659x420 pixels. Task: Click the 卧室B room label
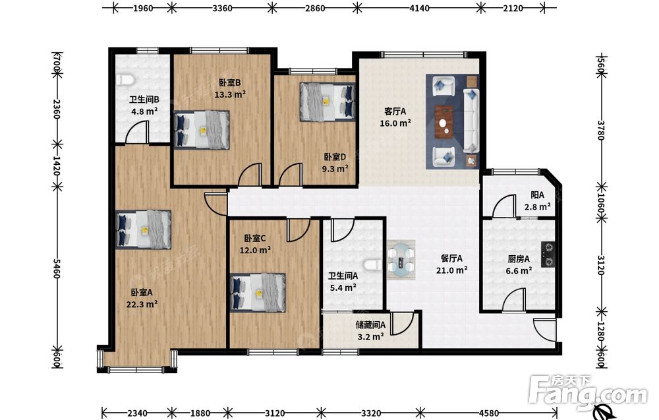pyautogui.click(x=229, y=83)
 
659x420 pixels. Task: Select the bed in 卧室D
pyautogui.click(x=327, y=102)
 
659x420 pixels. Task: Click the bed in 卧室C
pyautogui.click(x=258, y=293)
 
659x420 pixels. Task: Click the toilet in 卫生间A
pyautogui.click(x=372, y=265)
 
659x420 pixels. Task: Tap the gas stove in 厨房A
pyautogui.click(x=548, y=255)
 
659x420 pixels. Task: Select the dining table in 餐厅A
pyautogui.click(x=401, y=259)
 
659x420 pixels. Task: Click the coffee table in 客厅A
pyautogui.click(x=444, y=122)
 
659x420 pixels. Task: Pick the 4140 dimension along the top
pyautogui.click(x=419, y=7)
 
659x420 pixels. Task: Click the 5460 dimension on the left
pyautogui.click(x=57, y=268)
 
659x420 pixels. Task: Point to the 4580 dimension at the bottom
pyautogui.click(x=488, y=413)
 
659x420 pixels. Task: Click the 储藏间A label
pyautogui.click(x=370, y=325)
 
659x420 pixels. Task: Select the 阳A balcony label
pyautogui.click(x=537, y=195)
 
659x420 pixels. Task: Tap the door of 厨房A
pyautogui.click(x=515, y=299)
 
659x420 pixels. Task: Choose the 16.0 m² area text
pyautogui.click(x=395, y=123)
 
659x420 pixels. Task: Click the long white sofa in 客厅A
pyautogui.click(x=471, y=120)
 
